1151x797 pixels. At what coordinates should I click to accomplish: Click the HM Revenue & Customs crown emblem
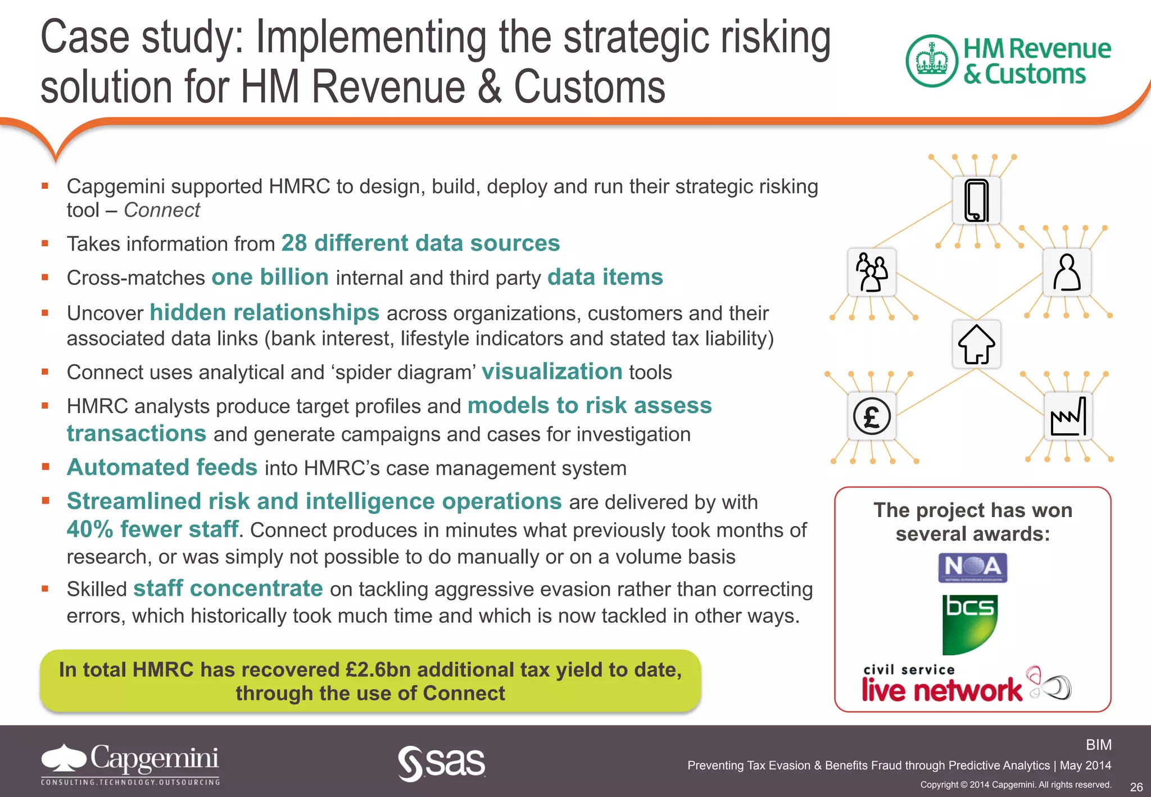click(x=932, y=61)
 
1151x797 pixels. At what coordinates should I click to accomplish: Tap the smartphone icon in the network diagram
click(x=977, y=201)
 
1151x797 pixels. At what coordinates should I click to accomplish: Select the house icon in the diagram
click(x=977, y=344)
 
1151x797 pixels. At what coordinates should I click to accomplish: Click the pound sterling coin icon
click(x=872, y=416)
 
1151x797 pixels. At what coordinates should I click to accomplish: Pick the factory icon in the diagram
click(x=1068, y=416)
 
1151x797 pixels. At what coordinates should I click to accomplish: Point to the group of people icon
click(x=872, y=272)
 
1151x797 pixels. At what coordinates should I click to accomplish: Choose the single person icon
click(x=1067, y=272)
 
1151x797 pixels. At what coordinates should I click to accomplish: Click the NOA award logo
click(x=973, y=568)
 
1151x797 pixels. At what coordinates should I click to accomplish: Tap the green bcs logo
click(x=969, y=624)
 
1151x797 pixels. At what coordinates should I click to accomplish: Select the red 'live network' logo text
click(x=941, y=690)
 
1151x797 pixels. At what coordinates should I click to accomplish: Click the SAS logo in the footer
click(x=442, y=763)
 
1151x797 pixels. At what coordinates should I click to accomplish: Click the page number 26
click(x=1136, y=787)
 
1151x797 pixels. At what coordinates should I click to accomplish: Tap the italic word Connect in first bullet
click(x=162, y=210)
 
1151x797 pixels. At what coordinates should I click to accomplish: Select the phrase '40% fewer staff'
click(x=152, y=529)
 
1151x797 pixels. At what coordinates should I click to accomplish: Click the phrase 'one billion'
click(x=270, y=278)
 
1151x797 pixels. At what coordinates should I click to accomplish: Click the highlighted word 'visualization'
click(x=552, y=372)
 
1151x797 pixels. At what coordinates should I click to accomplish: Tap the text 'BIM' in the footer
click(x=1098, y=745)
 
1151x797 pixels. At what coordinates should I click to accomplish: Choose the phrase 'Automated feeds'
click(x=162, y=468)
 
